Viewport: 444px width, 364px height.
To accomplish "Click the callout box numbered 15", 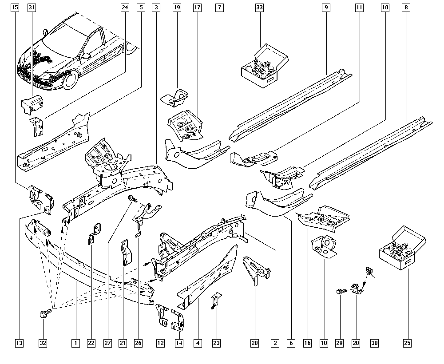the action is click(15, 8).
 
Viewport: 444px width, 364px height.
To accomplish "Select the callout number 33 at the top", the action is click(259, 8).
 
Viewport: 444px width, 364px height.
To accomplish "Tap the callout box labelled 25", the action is click(407, 343).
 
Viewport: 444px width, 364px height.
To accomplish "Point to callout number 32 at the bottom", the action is click(43, 343).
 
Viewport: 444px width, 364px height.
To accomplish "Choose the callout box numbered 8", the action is click(406, 8).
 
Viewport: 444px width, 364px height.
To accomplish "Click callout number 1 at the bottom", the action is click(75, 343).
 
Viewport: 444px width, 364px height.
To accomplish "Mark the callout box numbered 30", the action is click(374, 343).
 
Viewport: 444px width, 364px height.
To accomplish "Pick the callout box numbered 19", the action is click(177, 8).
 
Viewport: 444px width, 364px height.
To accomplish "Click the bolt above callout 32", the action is click(45, 313).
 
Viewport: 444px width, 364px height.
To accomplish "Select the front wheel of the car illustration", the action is click(71, 79).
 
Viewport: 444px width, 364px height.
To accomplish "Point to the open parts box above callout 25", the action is click(403, 248).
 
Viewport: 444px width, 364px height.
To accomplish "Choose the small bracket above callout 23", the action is click(216, 301).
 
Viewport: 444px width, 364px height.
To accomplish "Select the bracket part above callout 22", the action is click(94, 233).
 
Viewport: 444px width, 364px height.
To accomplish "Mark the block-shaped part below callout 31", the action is click(32, 104).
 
